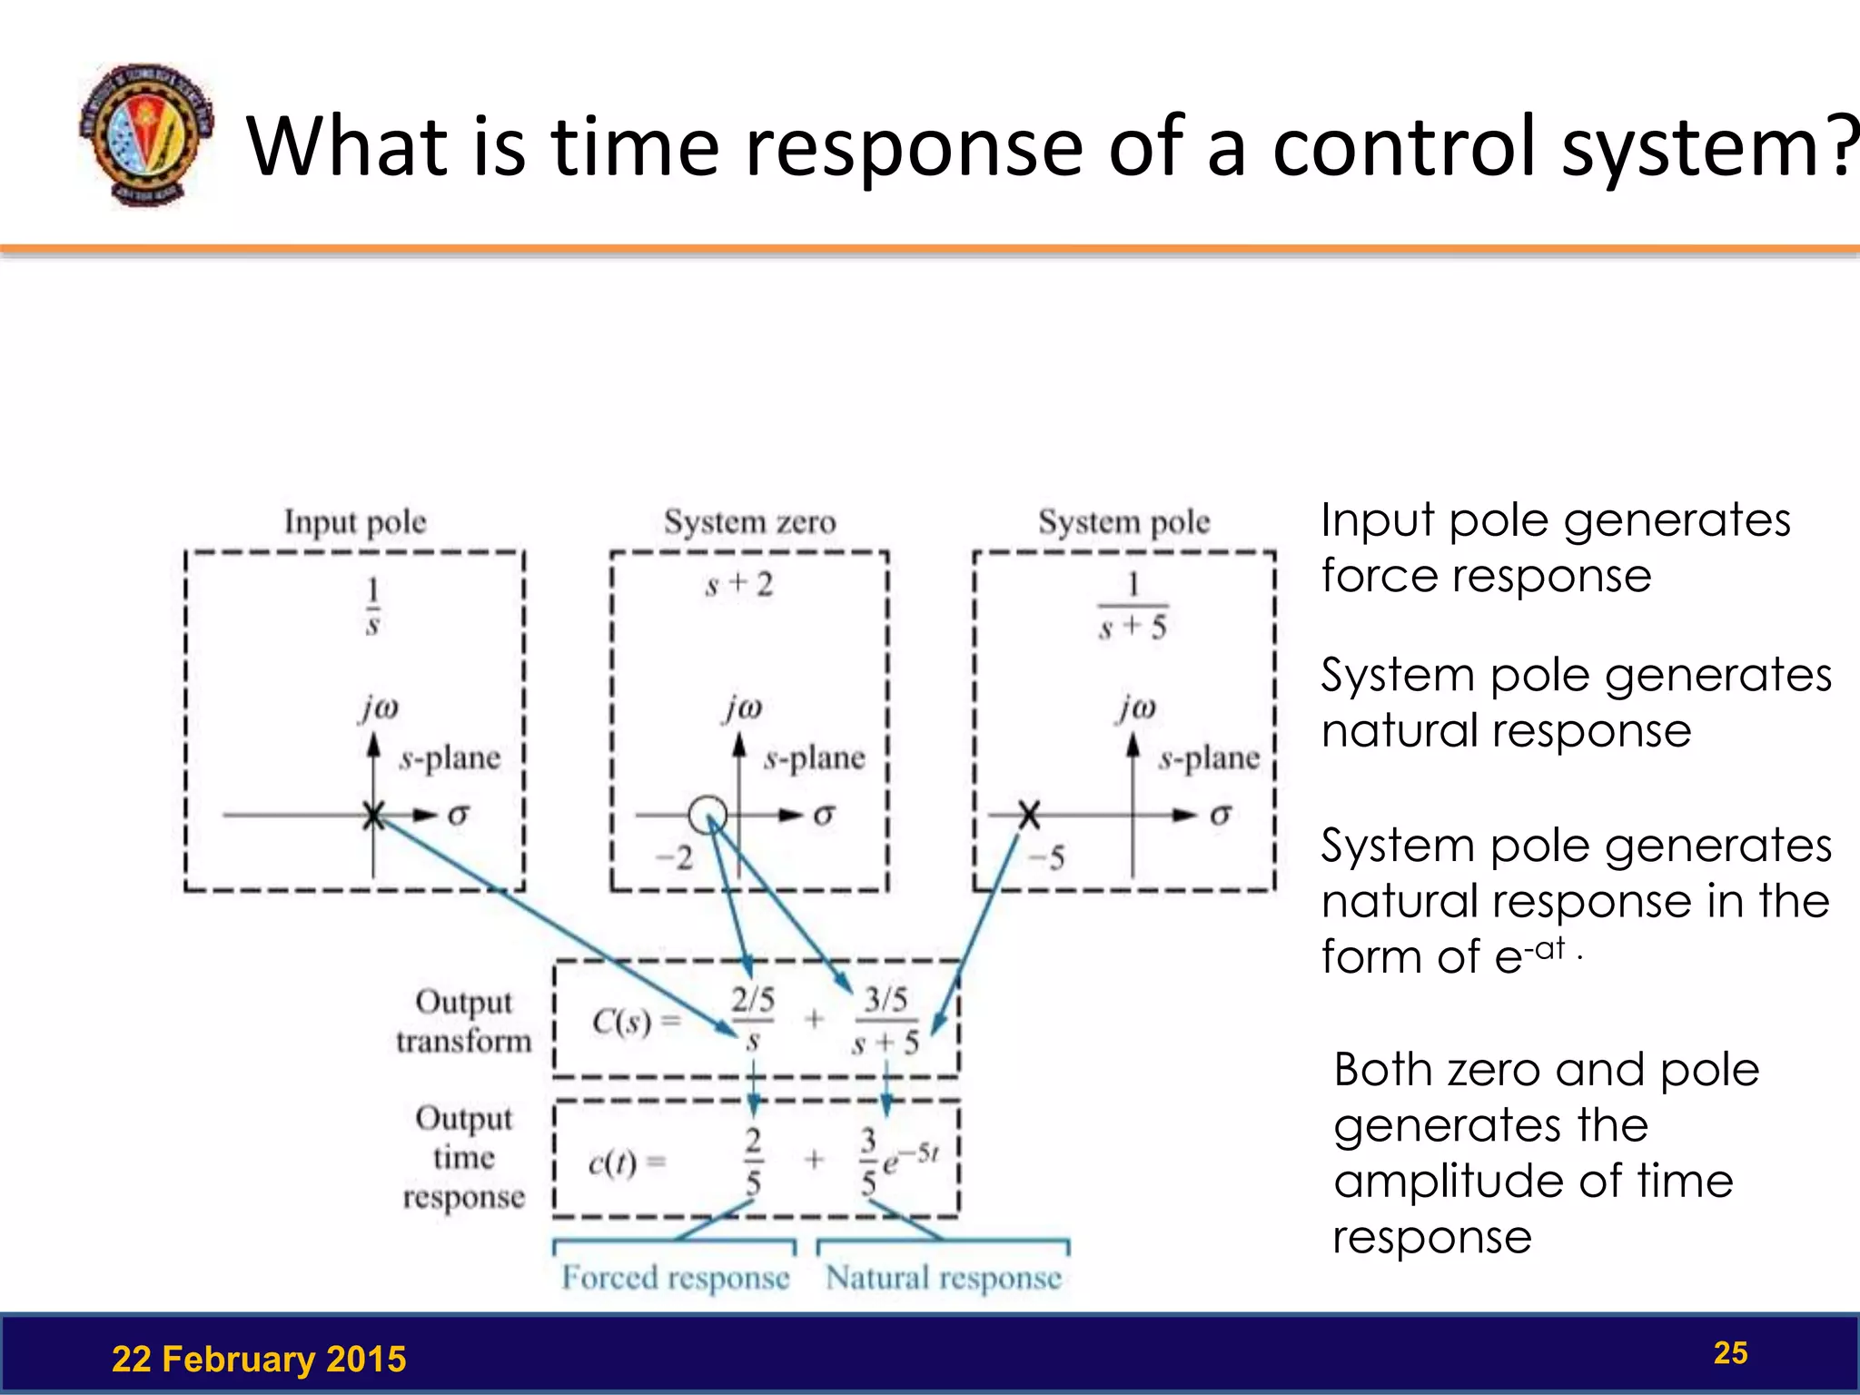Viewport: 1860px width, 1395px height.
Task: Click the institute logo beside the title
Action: tap(146, 134)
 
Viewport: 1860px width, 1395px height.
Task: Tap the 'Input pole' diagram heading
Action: tap(355, 522)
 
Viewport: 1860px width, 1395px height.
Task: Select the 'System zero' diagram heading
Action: tap(749, 522)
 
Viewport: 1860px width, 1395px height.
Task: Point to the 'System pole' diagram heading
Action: tap(1123, 522)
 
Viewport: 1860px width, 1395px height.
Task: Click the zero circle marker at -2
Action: tap(707, 815)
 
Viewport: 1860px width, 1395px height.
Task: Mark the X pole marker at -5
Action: tap(1028, 815)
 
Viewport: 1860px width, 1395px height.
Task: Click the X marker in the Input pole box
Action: tap(373, 815)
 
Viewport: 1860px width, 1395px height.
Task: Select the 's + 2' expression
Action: tap(739, 585)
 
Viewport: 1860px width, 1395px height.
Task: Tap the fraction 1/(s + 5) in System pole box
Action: tap(1133, 606)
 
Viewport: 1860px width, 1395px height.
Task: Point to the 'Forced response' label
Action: tap(675, 1278)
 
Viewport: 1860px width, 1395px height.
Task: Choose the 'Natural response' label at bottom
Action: tap(943, 1278)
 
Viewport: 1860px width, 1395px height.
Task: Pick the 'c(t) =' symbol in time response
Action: tap(626, 1162)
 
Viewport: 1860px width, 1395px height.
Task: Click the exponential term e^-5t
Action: tap(911, 1158)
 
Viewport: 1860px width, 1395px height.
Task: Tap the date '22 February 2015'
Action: tap(259, 1360)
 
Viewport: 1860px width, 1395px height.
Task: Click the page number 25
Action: tap(1730, 1353)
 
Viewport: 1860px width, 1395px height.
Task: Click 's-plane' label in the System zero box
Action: tap(815, 758)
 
